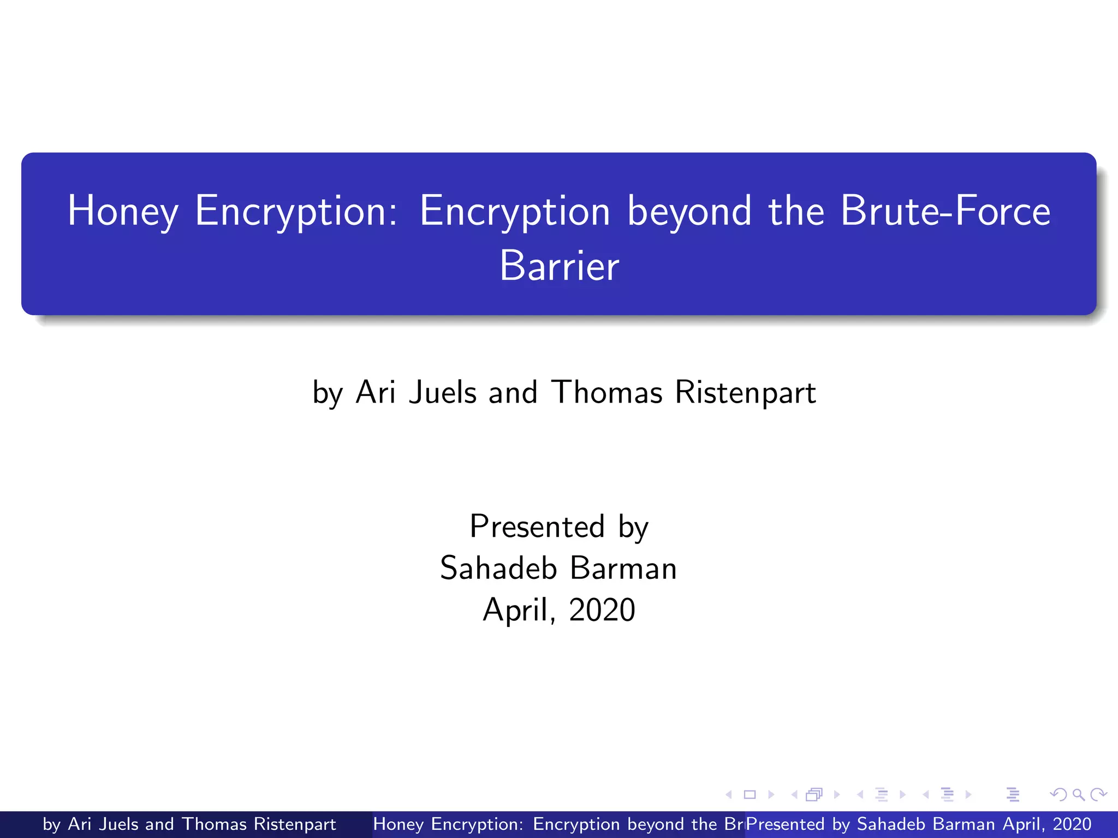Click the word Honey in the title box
(x=123, y=211)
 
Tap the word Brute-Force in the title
(x=945, y=211)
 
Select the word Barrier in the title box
(x=559, y=266)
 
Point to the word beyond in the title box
(x=689, y=211)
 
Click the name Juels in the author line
(x=443, y=392)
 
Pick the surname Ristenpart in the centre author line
(x=745, y=392)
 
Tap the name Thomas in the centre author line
(x=607, y=392)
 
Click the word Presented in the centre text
(x=537, y=526)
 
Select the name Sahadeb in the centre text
(x=498, y=568)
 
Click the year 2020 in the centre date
(x=602, y=609)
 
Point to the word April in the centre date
(x=516, y=609)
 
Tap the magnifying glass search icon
(x=1078, y=795)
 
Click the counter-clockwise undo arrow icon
(x=1058, y=795)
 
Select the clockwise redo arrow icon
(x=1098, y=795)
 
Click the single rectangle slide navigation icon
(x=750, y=795)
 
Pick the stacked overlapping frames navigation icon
(x=814, y=795)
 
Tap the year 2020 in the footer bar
(x=1072, y=824)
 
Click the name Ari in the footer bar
(x=79, y=824)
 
